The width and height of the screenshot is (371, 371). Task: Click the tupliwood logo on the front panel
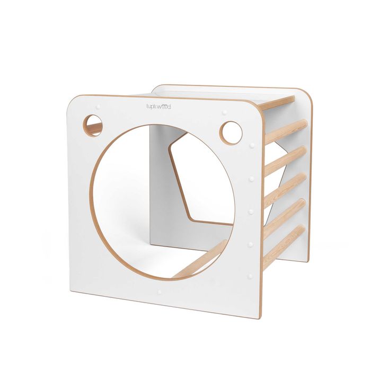[158, 107]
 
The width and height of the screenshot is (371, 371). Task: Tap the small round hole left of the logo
[93, 126]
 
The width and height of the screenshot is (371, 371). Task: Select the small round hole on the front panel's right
[231, 133]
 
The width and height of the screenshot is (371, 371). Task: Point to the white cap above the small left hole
[98, 107]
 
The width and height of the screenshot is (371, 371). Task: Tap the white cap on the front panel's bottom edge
[159, 292]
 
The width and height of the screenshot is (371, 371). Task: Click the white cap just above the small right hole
[225, 112]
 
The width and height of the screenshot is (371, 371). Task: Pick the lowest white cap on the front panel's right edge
[250, 276]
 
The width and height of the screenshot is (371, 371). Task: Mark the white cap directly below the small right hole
[252, 145]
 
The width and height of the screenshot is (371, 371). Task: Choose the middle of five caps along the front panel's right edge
[251, 211]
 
